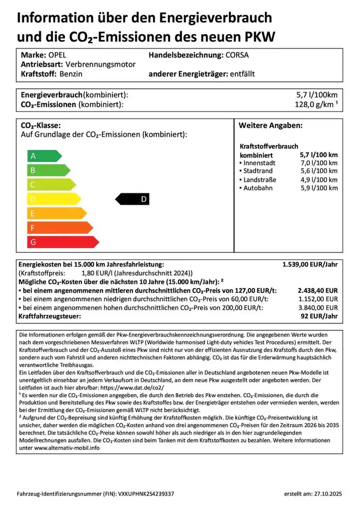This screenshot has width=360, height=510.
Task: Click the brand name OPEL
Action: point(57,55)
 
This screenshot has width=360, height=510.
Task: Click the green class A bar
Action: point(44,156)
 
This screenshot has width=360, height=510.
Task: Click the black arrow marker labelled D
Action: point(133,199)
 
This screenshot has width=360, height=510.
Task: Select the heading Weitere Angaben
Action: point(270,125)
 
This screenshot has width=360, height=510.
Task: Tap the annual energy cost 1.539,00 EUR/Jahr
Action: point(310,264)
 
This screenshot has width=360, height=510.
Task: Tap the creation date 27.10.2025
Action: point(321,494)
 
